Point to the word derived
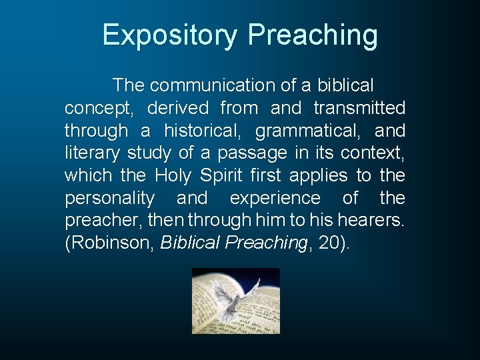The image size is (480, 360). [x=178, y=108]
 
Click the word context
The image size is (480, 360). [x=372, y=153]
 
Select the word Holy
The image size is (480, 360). [x=173, y=176]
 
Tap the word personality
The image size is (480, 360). [x=109, y=199]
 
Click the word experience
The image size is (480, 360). [x=275, y=199]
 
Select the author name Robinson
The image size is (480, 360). [x=110, y=243]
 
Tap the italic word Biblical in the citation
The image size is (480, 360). [x=191, y=243]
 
